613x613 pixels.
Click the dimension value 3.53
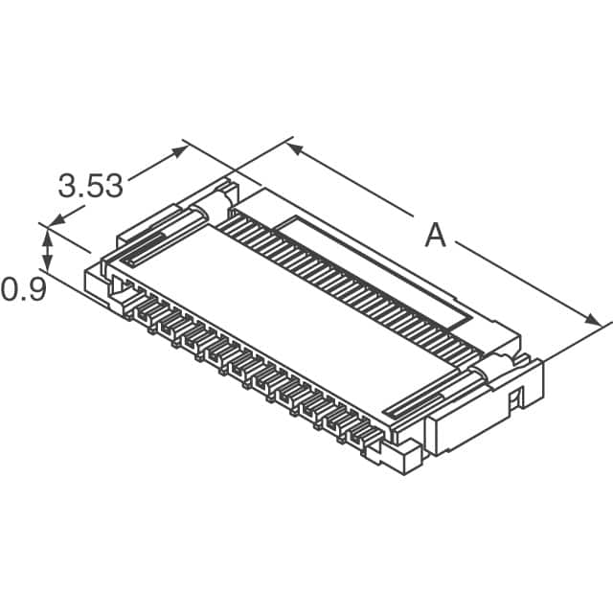[x=91, y=185]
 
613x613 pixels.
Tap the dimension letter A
[x=436, y=234]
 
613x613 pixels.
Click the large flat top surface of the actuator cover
[x=287, y=316]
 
